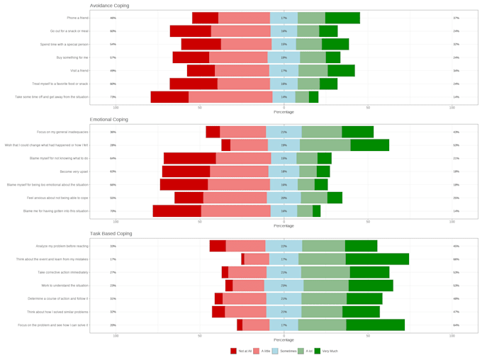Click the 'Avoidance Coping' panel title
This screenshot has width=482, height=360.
(x=109, y=6)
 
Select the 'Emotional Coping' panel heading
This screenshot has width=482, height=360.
(x=109, y=120)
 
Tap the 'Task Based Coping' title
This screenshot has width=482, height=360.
(x=111, y=233)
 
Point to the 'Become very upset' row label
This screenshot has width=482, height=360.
(x=74, y=171)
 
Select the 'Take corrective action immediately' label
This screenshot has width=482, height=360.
(x=62, y=272)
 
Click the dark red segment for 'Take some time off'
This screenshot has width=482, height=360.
(x=169, y=97)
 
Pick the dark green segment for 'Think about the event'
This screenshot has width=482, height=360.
(x=377, y=259)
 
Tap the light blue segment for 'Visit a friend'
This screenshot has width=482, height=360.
(x=284, y=71)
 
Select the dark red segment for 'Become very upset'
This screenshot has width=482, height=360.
(x=186, y=171)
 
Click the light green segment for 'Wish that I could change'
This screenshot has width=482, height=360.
(x=325, y=145)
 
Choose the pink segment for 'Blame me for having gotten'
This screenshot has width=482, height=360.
(x=235, y=211)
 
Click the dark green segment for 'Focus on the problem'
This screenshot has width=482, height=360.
(x=375, y=325)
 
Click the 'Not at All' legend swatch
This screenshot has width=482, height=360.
(x=233, y=351)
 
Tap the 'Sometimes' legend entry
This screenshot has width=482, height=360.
(x=284, y=351)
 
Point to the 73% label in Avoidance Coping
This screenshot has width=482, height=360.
(x=113, y=97)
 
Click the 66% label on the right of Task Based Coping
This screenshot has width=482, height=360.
(x=456, y=259)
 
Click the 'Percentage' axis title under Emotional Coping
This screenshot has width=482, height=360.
(x=284, y=225)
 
